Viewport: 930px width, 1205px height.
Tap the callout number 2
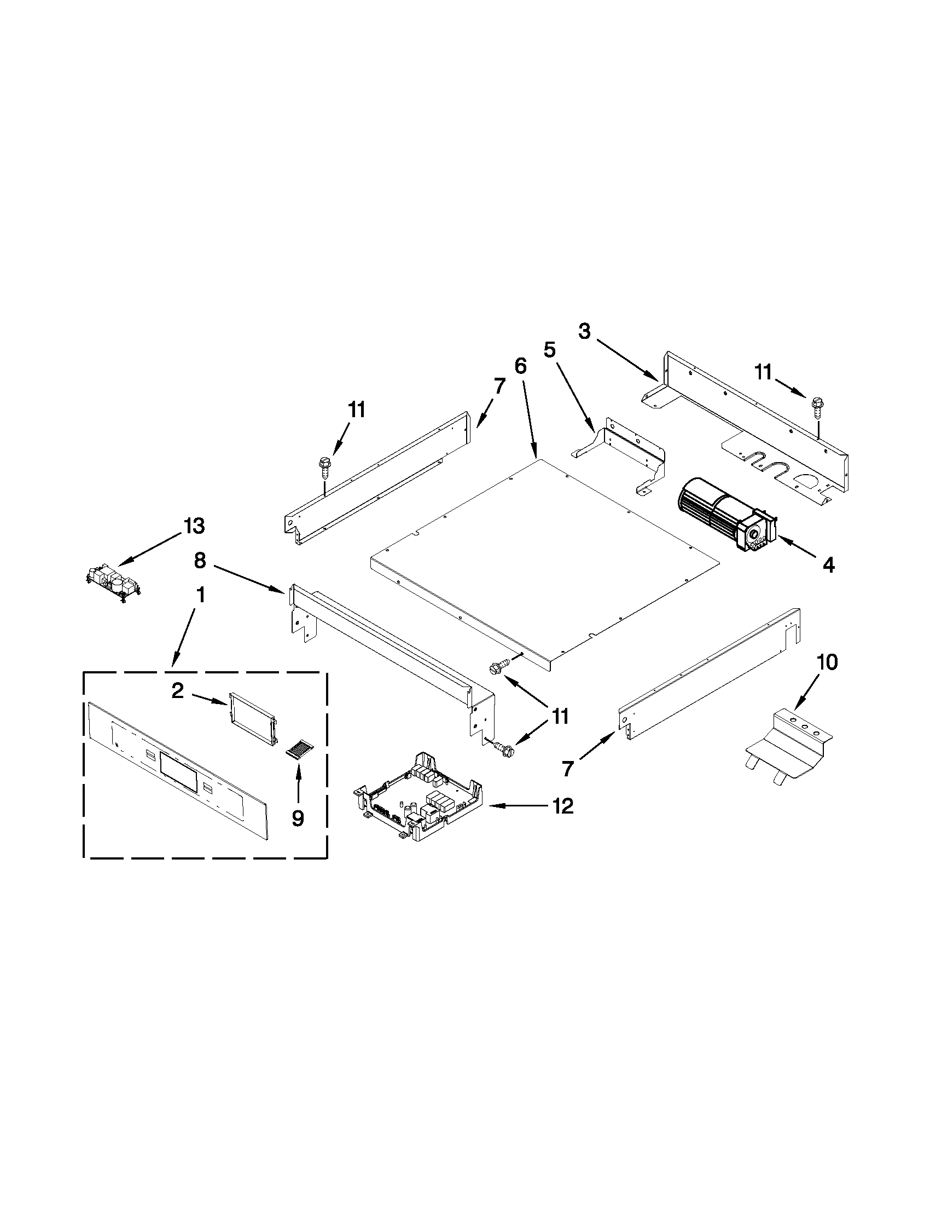[x=177, y=690]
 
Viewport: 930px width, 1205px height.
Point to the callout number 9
[x=298, y=818]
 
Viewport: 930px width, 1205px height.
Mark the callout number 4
[x=828, y=564]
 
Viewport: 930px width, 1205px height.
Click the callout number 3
[x=584, y=331]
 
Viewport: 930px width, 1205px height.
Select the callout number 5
[x=550, y=350]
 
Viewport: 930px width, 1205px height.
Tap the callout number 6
[x=520, y=366]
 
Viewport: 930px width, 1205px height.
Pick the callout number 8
[x=200, y=561]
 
